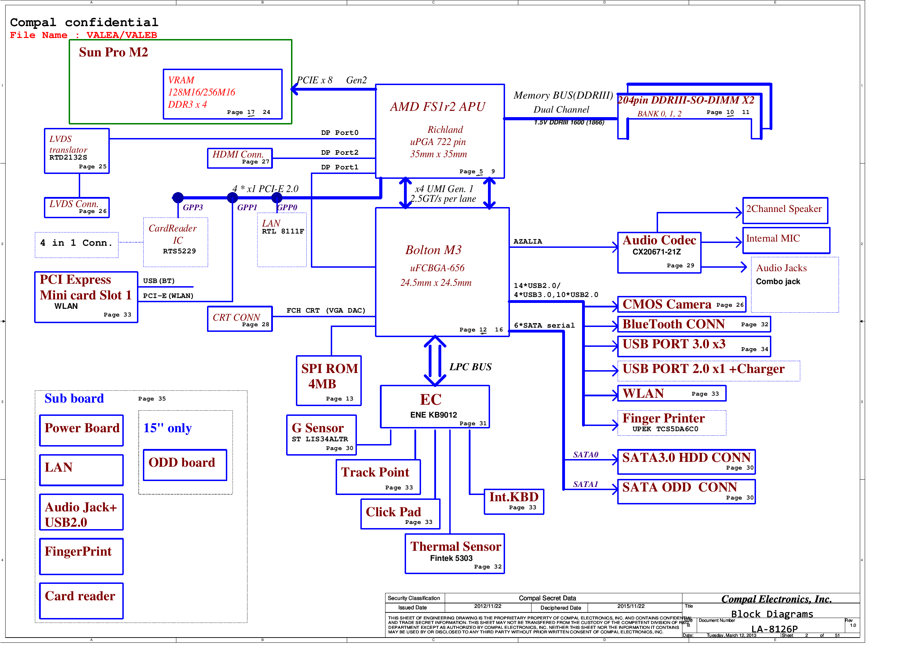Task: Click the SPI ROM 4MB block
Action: point(329,380)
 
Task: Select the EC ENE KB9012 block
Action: point(435,406)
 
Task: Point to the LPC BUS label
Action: point(470,367)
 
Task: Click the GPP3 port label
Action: point(192,207)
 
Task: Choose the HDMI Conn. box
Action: point(240,158)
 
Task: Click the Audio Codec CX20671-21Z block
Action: point(659,252)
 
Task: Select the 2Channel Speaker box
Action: point(785,210)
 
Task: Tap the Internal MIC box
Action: point(786,240)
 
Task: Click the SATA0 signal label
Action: point(585,454)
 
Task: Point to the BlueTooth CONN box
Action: point(694,324)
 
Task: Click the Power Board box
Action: point(82,430)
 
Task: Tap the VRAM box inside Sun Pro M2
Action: point(222,94)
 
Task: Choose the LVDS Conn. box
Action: point(77,207)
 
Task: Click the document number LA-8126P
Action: point(774,629)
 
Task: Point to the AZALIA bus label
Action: point(528,241)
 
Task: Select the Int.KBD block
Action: point(514,501)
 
